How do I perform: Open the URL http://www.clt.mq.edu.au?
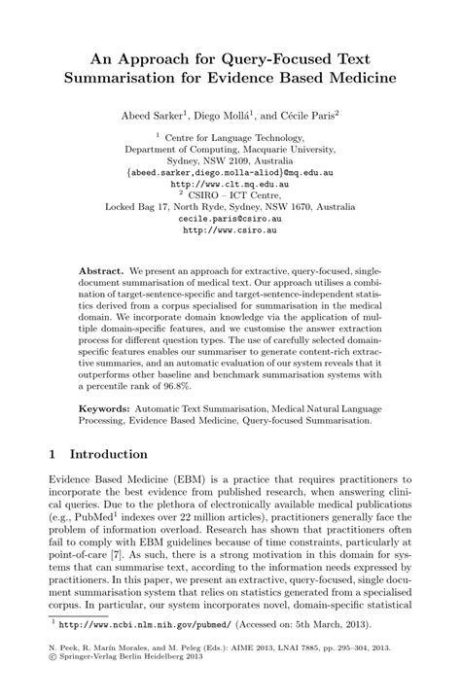tap(230, 182)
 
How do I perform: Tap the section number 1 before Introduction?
tap(53, 454)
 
